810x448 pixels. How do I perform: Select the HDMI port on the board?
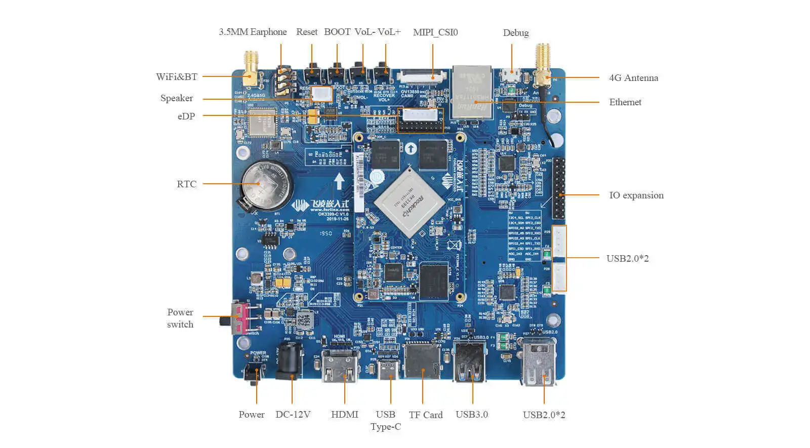[x=340, y=365]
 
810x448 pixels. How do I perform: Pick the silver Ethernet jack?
[x=472, y=92]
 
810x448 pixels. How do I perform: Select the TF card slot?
[x=422, y=360]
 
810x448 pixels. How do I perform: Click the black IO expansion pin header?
[x=558, y=187]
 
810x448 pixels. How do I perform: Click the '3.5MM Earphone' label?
[x=253, y=32]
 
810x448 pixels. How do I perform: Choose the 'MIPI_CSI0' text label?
[x=435, y=32]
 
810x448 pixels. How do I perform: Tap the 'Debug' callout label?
[x=516, y=33]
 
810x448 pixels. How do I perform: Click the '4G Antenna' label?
[x=633, y=78]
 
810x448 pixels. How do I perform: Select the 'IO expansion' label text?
[x=636, y=195]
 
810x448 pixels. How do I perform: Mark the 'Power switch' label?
[x=180, y=318]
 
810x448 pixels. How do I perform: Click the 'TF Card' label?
[x=426, y=415]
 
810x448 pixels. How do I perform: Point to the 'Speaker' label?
[x=177, y=98]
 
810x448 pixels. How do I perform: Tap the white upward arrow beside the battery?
[x=339, y=181]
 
